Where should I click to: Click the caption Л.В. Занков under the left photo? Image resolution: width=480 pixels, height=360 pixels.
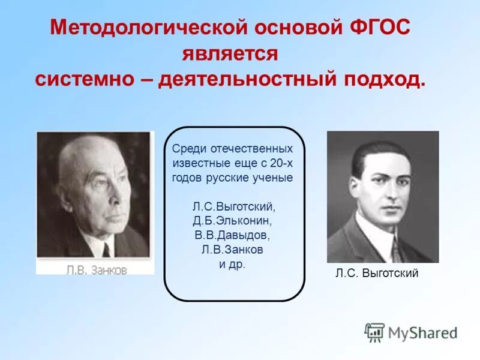tap(96, 269)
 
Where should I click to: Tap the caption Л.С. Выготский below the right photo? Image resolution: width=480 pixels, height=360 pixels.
tap(377, 274)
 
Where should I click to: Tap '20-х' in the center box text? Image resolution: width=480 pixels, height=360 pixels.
tap(281, 163)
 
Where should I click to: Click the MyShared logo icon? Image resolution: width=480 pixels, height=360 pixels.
tap(374, 332)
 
